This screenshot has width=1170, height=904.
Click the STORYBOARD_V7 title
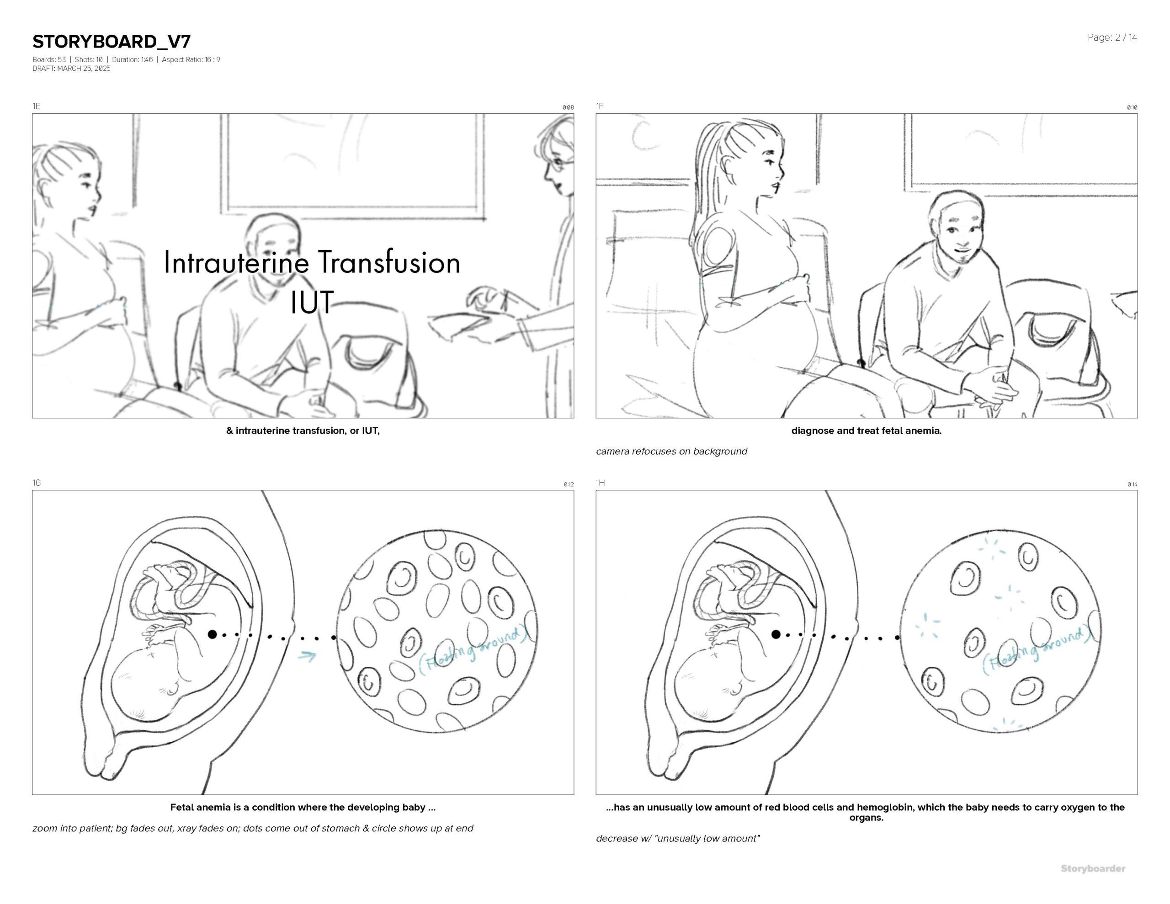pyautogui.click(x=112, y=42)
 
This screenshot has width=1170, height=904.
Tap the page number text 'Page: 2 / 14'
pyautogui.click(x=1112, y=37)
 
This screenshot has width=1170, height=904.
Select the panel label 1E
pyautogui.click(x=37, y=106)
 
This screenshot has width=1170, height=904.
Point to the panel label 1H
pyautogui.click(x=601, y=483)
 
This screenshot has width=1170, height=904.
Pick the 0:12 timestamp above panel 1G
pyautogui.click(x=569, y=484)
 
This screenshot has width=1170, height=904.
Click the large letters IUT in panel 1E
pyautogui.click(x=312, y=302)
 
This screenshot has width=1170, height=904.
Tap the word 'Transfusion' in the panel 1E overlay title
pyautogui.click(x=389, y=263)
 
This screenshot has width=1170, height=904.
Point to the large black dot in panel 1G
pyautogui.click(x=212, y=634)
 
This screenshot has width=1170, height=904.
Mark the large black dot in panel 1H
pyautogui.click(x=776, y=634)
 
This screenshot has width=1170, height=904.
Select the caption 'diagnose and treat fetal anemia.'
pyautogui.click(x=866, y=431)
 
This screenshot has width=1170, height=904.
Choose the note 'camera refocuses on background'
pyautogui.click(x=671, y=451)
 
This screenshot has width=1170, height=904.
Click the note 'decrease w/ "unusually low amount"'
pyautogui.click(x=678, y=839)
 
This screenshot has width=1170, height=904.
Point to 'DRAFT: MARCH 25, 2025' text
pyautogui.click(x=71, y=69)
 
